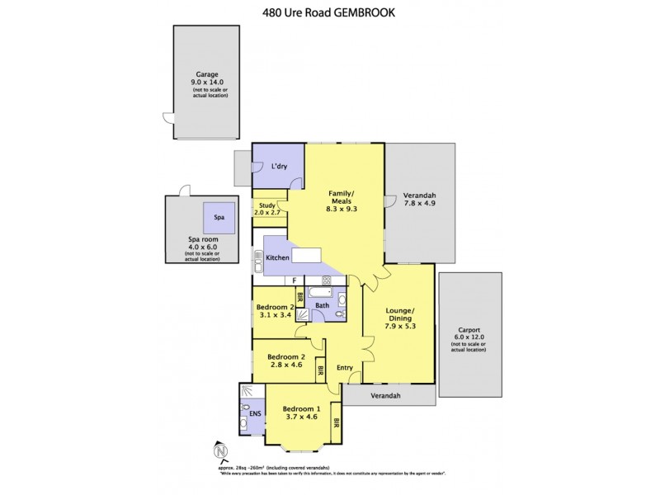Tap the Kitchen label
pyautogui.click(x=277, y=258)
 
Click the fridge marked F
pyautogui.click(x=294, y=280)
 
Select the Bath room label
pyautogui.click(x=323, y=306)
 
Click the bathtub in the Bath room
pyautogui.click(x=319, y=291)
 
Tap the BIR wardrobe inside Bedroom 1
pyautogui.click(x=337, y=422)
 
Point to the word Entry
pyautogui.click(x=345, y=367)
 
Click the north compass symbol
pyautogui.click(x=219, y=451)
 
